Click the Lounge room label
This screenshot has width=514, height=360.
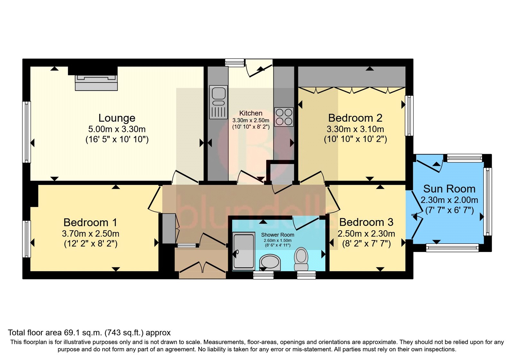click(x=117, y=118)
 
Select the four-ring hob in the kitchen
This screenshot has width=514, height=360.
click(x=284, y=117)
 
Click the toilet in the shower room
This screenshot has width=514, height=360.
click(x=301, y=259)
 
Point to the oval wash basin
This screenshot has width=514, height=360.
click(x=270, y=262)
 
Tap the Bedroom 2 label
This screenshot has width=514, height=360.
click(x=355, y=118)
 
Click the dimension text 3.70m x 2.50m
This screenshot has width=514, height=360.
click(x=91, y=234)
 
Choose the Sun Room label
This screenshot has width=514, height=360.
click(x=449, y=189)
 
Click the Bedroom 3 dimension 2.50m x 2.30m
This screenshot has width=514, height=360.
click(x=366, y=234)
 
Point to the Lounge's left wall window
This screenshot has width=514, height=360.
click(x=26, y=132)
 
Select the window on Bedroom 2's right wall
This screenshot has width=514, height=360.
click(x=409, y=116)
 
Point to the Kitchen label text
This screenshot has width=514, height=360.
click(x=251, y=113)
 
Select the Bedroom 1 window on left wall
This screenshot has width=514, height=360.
click(x=26, y=239)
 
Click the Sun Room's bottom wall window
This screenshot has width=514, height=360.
click(x=452, y=248)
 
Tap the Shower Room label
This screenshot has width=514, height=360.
click(x=278, y=235)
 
